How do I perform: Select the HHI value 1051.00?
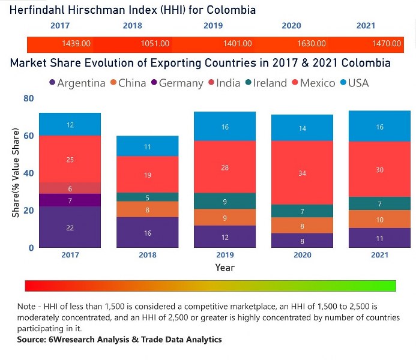(155, 44)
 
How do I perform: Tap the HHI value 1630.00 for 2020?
(311, 44)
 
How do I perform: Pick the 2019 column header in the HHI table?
(213, 26)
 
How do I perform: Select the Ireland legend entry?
(265, 83)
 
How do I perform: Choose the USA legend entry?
(355, 83)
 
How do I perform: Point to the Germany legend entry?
(176, 83)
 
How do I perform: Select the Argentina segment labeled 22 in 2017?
(70, 227)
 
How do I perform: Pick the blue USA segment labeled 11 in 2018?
(148, 146)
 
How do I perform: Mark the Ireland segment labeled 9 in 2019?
(225, 201)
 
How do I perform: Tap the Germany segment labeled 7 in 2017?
(70, 200)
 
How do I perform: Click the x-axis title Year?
(225, 268)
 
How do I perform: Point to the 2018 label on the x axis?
(148, 255)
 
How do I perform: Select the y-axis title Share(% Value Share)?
(16, 173)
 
